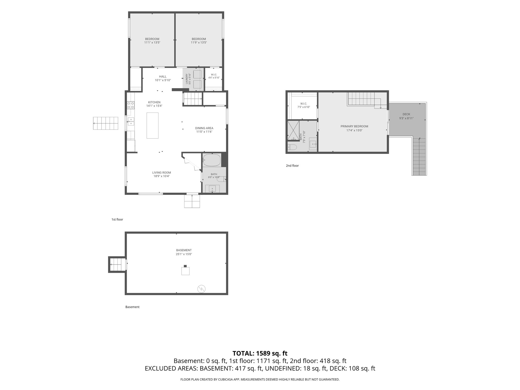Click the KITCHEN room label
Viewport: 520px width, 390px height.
(x=154, y=102)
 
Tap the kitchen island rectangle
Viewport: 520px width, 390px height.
(x=152, y=126)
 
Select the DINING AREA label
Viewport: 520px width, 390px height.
(x=204, y=128)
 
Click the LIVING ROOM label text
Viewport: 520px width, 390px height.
(x=161, y=173)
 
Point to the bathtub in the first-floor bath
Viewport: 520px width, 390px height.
(x=212, y=160)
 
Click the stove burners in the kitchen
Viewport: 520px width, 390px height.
(x=131, y=105)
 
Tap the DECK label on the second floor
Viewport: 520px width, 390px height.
(x=406, y=114)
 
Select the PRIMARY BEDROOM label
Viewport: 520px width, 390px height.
(x=354, y=126)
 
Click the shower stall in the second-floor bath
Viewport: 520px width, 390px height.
(x=293, y=130)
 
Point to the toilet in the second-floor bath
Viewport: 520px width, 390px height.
(x=292, y=147)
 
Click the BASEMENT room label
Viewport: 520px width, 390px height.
(x=184, y=250)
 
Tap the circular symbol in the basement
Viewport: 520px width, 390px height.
(x=201, y=289)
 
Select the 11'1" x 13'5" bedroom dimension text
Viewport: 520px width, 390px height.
(x=152, y=42)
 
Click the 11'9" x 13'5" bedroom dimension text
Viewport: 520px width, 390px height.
(x=199, y=42)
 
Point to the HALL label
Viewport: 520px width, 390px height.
(x=163, y=76)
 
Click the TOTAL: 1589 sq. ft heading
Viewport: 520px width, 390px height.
(x=260, y=353)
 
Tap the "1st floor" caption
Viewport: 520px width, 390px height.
(x=117, y=220)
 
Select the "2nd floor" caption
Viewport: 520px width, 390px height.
(x=292, y=166)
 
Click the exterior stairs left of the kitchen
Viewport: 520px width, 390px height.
(x=106, y=123)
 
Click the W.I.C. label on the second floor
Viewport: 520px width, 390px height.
(x=304, y=104)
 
